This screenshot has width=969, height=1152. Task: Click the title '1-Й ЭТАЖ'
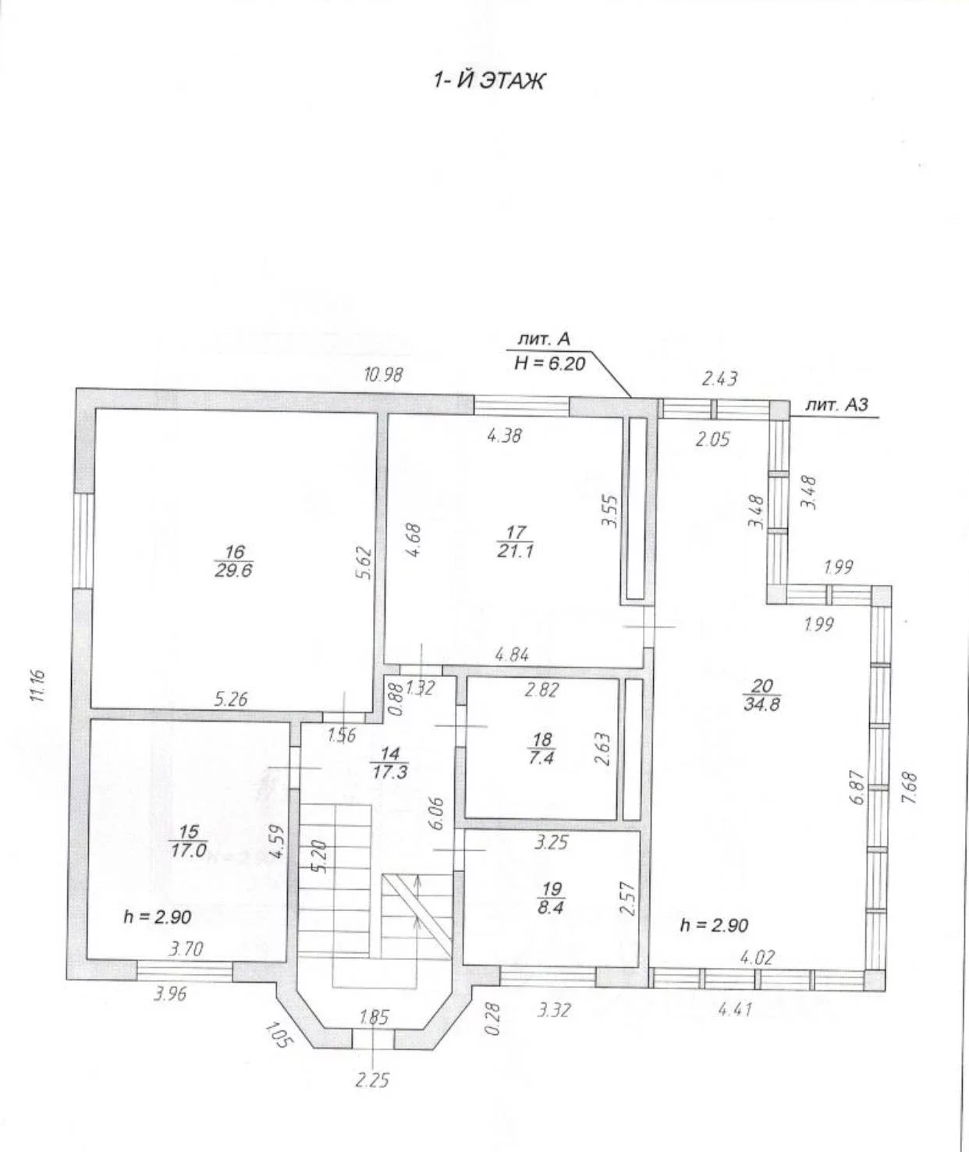click(x=489, y=81)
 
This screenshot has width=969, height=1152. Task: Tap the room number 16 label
click(x=235, y=551)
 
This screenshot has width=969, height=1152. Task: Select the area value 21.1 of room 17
click(x=515, y=551)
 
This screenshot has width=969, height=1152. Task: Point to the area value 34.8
click(x=761, y=704)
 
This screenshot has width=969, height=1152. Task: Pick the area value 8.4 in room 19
click(x=551, y=907)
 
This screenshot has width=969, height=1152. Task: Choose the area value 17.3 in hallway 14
click(x=389, y=772)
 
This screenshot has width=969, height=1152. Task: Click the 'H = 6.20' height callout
click(x=549, y=363)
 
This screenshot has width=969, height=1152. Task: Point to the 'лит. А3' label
click(x=836, y=405)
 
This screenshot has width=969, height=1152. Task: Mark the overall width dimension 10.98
click(x=384, y=375)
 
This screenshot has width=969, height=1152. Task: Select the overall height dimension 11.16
click(x=38, y=685)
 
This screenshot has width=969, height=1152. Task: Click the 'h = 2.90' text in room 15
click(x=158, y=917)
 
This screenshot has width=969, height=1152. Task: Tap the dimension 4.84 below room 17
click(x=512, y=655)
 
